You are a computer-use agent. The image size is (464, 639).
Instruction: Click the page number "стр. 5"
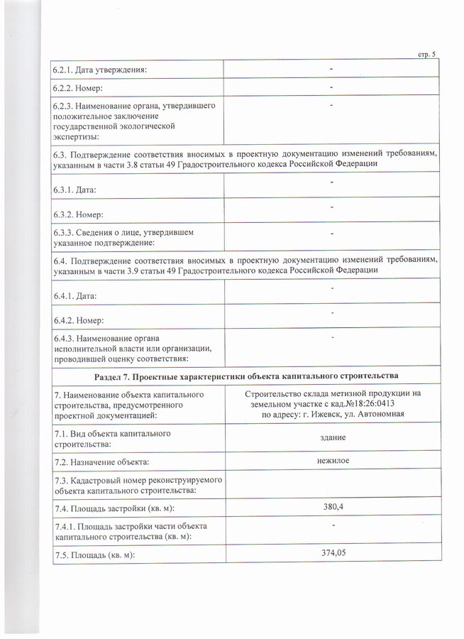425,55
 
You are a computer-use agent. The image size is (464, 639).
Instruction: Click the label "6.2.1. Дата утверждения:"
100,68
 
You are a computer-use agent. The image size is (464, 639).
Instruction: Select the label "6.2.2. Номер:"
78,87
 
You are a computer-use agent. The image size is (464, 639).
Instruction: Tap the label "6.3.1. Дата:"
74,190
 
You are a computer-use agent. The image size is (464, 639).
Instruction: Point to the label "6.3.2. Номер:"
78,214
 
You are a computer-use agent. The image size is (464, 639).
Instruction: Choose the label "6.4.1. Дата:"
74,295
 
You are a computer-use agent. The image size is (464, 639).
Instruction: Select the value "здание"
331,437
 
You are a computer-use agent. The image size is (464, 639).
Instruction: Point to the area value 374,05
332,552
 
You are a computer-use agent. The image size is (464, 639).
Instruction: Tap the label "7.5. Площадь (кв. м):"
94,554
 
